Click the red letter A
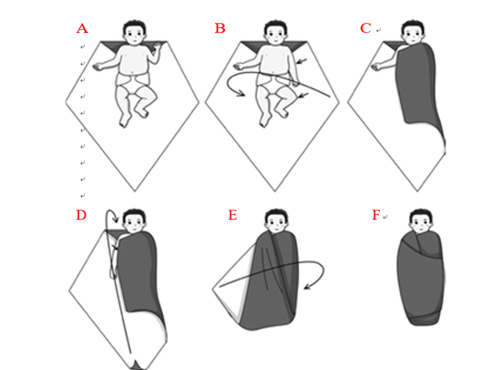(x=82, y=29)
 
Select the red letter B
(x=220, y=28)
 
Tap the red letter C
(x=365, y=28)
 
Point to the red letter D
(x=81, y=215)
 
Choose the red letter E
(x=232, y=215)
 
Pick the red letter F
(x=376, y=215)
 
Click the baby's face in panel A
(x=135, y=36)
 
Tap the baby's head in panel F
(x=421, y=221)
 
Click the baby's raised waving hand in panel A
(x=158, y=47)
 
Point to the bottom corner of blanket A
(x=135, y=191)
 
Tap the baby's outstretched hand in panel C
(x=376, y=67)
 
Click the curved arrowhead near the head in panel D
(x=117, y=220)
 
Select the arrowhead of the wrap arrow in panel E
(x=307, y=285)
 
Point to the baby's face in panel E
(x=276, y=225)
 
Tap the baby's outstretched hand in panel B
(x=239, y=67)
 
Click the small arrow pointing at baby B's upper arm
(x=302, y=61)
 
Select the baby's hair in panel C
(x=413, y=26)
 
